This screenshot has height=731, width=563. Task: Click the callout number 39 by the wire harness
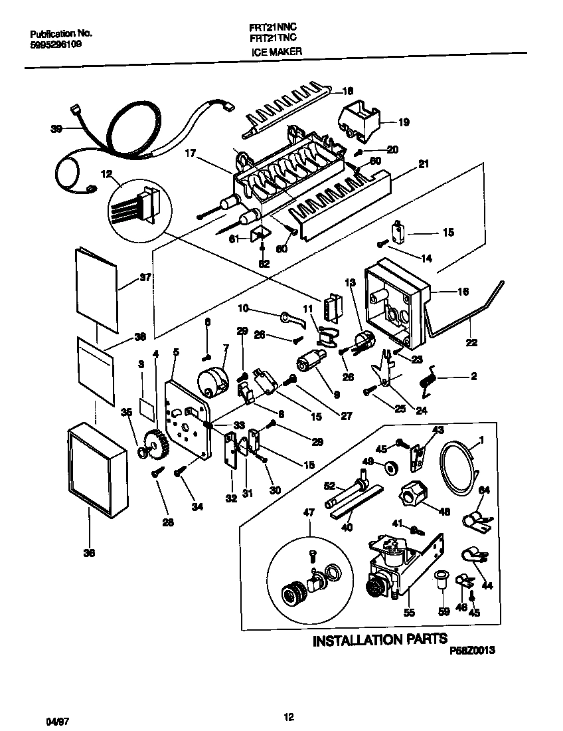click(56, 130)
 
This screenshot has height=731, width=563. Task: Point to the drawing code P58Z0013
click(473, 653)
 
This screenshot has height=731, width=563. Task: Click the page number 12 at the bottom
click(288, 716)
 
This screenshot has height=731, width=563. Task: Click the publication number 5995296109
click(57, 43)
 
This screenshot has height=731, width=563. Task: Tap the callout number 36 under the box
click(89, 552)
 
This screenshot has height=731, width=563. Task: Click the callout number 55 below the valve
click(409, 613)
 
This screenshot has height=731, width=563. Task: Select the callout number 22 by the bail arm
click(472, 344)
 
